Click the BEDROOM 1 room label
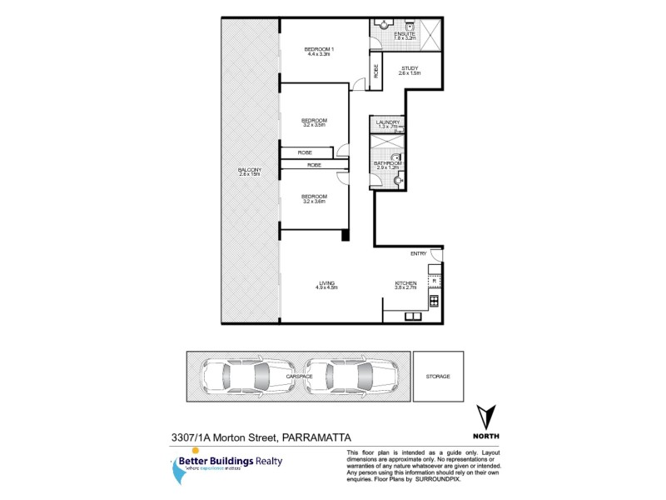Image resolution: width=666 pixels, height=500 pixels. [320, 50]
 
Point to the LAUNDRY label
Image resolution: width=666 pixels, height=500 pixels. [388, 123]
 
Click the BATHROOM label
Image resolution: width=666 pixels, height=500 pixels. [388, 164]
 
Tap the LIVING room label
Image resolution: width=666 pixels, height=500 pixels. [326, 283]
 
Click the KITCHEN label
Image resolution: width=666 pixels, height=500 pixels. [405, 283]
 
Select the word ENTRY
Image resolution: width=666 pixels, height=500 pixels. [417, 253]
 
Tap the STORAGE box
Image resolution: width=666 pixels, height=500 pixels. [438, 377]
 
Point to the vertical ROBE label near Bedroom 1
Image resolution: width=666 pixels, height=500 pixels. [376, 72]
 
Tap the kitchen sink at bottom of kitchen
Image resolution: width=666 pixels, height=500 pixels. [413, 317]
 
